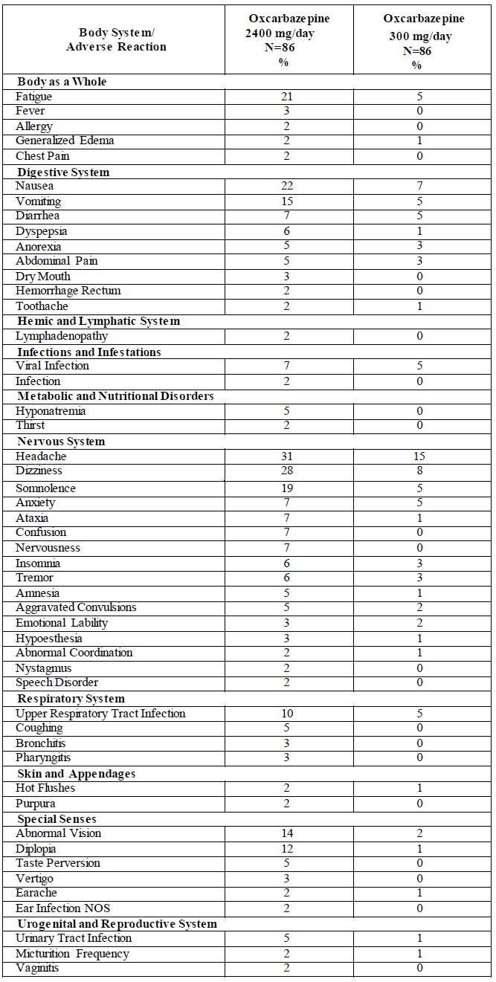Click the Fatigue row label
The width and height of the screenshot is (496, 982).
point(34,97)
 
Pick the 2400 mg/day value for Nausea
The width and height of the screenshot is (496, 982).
point(288,187)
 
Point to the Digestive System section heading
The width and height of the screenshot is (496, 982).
point(63,172)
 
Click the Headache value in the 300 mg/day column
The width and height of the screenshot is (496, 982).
point(419,456)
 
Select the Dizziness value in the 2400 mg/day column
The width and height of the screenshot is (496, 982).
point(288,471)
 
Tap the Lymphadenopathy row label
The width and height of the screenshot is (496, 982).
point(62,336)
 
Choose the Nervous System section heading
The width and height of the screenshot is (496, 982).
point(61,442)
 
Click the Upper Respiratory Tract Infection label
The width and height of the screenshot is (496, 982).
point(100,714)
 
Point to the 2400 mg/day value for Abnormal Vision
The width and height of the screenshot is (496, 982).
point(288,833)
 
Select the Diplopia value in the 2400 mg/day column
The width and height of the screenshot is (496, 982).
point(288,849)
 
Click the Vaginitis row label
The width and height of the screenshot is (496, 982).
point(37,969)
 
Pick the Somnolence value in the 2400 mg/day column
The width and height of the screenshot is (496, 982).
point(288,488)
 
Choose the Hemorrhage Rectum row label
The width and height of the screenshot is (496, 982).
point(68,291)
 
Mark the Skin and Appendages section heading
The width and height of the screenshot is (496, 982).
point(76,774)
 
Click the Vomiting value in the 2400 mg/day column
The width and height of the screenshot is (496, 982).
point(288,201)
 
